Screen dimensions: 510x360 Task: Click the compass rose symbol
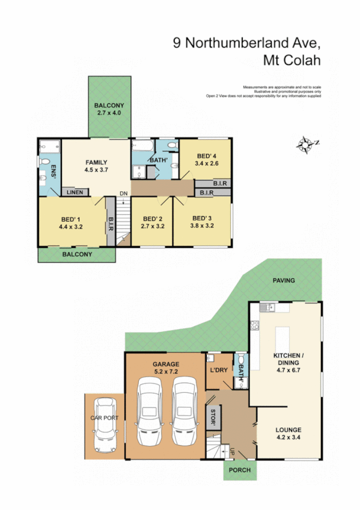pyautogui.click(x=307, y=144)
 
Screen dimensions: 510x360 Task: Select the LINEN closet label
pyautogui.click(x=75, y=192)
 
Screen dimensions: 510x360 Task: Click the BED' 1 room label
pyautogui.click(x=71, y=220)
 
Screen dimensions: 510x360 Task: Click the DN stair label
pyautogui.click(x=123, y=193)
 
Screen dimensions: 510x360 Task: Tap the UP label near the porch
pyautogui.click(x=232, y=450)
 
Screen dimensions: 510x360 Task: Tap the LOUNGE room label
pyautogui.click(x=288, y=430)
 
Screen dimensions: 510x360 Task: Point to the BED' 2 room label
pyautogui.click(x=151, y=218)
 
